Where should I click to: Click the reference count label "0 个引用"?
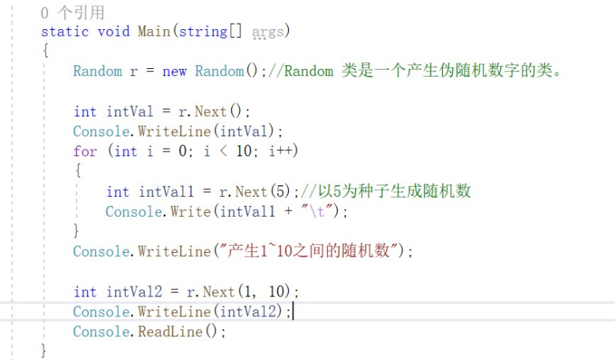[x=73, y=13]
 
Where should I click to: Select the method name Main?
[x=154, y=31]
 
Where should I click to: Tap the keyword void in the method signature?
[x=113, y=31]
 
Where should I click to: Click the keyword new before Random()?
[x=175, y=71]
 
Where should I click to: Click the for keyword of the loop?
[x=85, y=151]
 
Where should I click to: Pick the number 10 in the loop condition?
[x=244, y=151]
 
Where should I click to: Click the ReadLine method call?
[x=169, y=332]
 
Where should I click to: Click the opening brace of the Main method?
[x=45, y=51]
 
